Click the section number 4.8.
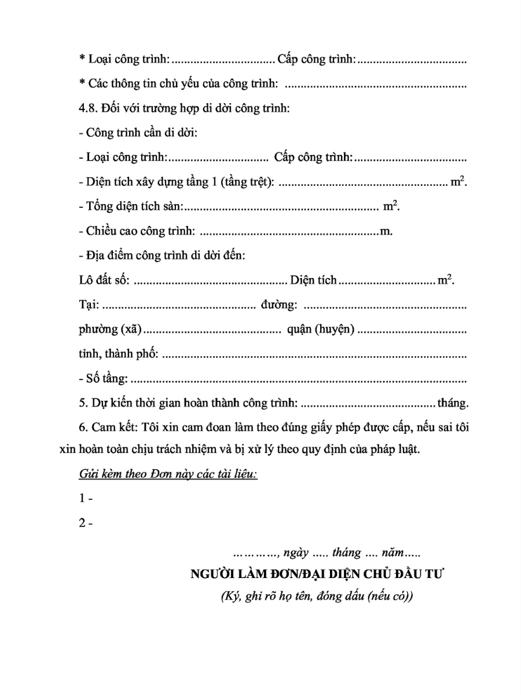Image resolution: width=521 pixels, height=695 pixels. [88, 108]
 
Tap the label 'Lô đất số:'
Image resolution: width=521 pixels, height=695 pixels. [104, 280]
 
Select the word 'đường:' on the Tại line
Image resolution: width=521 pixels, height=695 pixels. [279, 305]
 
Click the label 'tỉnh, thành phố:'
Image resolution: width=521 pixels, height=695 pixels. [118, 354]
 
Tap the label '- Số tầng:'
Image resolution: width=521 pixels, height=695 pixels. [103, 379]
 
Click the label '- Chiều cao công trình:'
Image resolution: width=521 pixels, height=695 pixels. [136, 232]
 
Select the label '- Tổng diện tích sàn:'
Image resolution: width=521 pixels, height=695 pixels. [131, 206]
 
